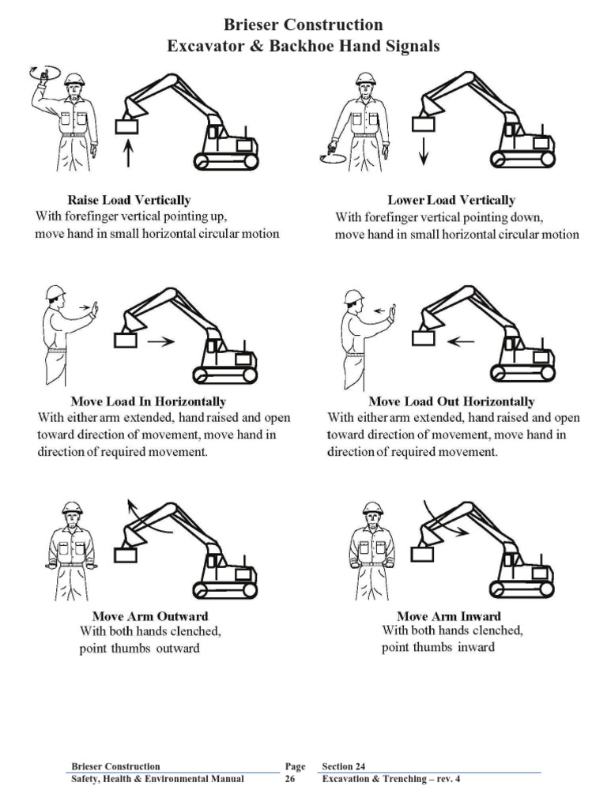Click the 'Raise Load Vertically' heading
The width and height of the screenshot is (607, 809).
pyautogui.click(x=129, y=200)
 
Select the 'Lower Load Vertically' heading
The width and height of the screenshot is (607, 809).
pyautogui.click(x=451, y=200)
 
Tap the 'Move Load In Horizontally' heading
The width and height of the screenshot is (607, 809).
pyautogui.click(x=148, y=401)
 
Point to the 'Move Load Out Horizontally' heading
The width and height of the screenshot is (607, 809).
pyautogui.click(x=451, y=401)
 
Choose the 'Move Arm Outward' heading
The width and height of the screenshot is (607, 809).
pyautogui.click(x=150, y=615)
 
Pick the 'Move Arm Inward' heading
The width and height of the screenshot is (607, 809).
pyautogui.click(x=448, y=615)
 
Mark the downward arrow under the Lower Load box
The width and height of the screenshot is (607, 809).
pyautogui.click(x=424, y=149)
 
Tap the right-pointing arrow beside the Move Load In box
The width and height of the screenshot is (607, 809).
pyautogui.click(x=161, y=342)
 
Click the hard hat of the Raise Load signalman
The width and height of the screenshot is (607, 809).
pyautogui.click(x=74, y=78)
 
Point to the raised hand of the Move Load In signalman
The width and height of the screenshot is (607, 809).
pyautogui.click(x=94, y=308)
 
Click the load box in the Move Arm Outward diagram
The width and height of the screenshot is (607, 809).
pyautogui.click(x=126, y=554)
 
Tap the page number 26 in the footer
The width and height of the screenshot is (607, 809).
pyautogui.click(x=290, y=779)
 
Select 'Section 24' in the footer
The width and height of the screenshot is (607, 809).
pyautogui.click(x=344, y=766)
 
